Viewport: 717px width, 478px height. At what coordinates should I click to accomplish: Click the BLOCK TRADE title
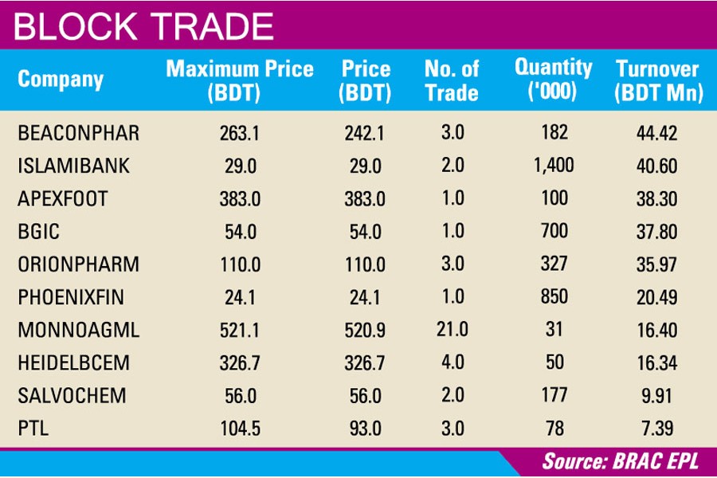tap(144, 27)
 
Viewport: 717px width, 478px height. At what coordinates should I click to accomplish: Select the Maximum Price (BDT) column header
tap(240, 80)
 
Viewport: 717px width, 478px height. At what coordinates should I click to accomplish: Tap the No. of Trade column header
tap(452, 80)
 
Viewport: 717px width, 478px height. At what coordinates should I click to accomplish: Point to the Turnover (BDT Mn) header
tap(658, 80)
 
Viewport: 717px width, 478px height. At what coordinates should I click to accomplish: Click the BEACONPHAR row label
tap(78, 133)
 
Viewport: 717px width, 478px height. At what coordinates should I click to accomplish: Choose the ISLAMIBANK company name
tap(73, 167)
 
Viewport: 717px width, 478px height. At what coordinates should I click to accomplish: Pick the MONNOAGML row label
tap(78, 330)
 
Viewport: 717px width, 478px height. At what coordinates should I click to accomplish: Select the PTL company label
tap(33, 429)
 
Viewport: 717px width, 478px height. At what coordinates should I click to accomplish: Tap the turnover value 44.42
tap(657, 133)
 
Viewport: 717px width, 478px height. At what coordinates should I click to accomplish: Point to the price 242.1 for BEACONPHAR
tap(364, 133)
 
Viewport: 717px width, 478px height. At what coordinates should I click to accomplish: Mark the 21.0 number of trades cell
tap(452, 330)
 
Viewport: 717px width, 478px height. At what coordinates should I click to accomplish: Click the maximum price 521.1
tap(239, 330)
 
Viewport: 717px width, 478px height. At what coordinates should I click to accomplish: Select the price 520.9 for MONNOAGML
tap(364, 330)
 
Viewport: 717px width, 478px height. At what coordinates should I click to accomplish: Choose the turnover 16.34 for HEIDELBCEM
tap(657, 363)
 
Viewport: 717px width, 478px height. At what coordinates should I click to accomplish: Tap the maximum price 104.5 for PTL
tap(239, 429)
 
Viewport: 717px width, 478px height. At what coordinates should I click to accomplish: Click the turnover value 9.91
tap(657, 396)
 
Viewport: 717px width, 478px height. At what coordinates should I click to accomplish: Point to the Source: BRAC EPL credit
tap(623, 461)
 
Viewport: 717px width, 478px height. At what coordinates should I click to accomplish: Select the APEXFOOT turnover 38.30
tap(657, 199)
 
